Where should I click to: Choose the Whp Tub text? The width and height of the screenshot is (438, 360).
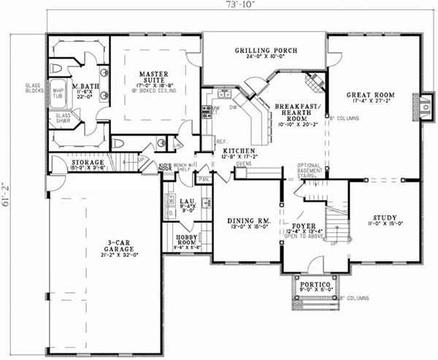point(58,94)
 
